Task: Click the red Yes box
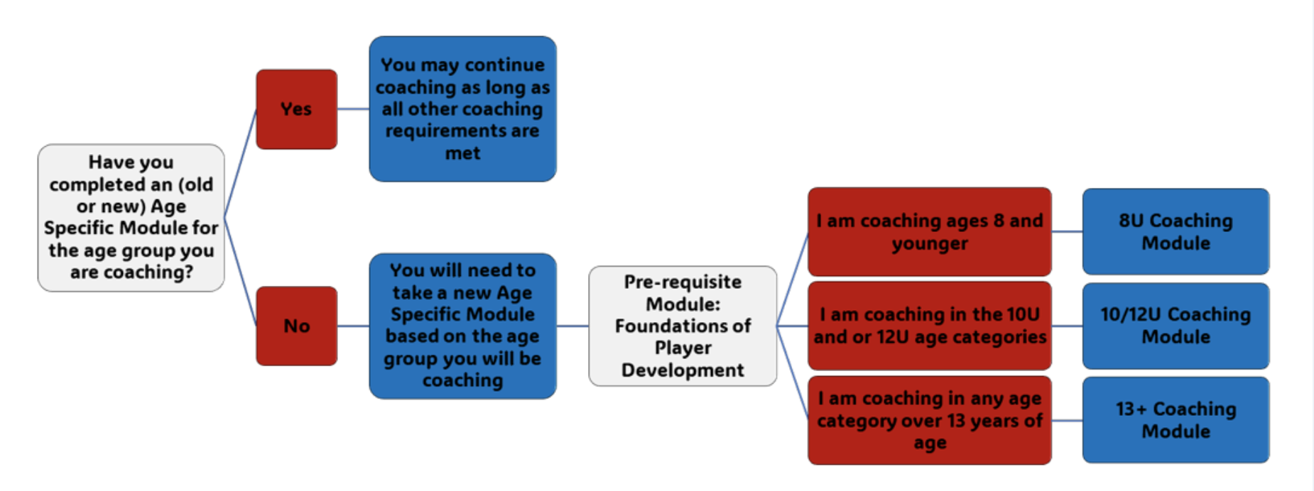(x=296, y=109)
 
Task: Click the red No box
(x=296, y=326)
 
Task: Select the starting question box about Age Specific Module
(x=131, y=217)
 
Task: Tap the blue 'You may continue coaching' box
(x=462, y=109)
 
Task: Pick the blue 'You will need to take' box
(x=462, y=326)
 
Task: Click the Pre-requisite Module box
(x=683, y=326)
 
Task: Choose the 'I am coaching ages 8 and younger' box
(x=929, y=231)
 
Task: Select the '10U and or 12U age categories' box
(x=929, y=326)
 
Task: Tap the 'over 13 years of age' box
(x=929, y=420)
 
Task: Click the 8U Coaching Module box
(x=1175, y=231)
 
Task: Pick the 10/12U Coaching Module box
(x=1175, y=326)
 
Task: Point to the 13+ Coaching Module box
(x=1175, y=420)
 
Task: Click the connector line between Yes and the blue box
(x=353, y=109)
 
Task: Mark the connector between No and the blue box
(x=353, y=326)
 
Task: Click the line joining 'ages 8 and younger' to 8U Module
(x=1067, y=231)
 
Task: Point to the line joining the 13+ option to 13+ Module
(x=1067, y=420)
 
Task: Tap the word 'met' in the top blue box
(x=462, y=153)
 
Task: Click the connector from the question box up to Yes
(x=241, y=162)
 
